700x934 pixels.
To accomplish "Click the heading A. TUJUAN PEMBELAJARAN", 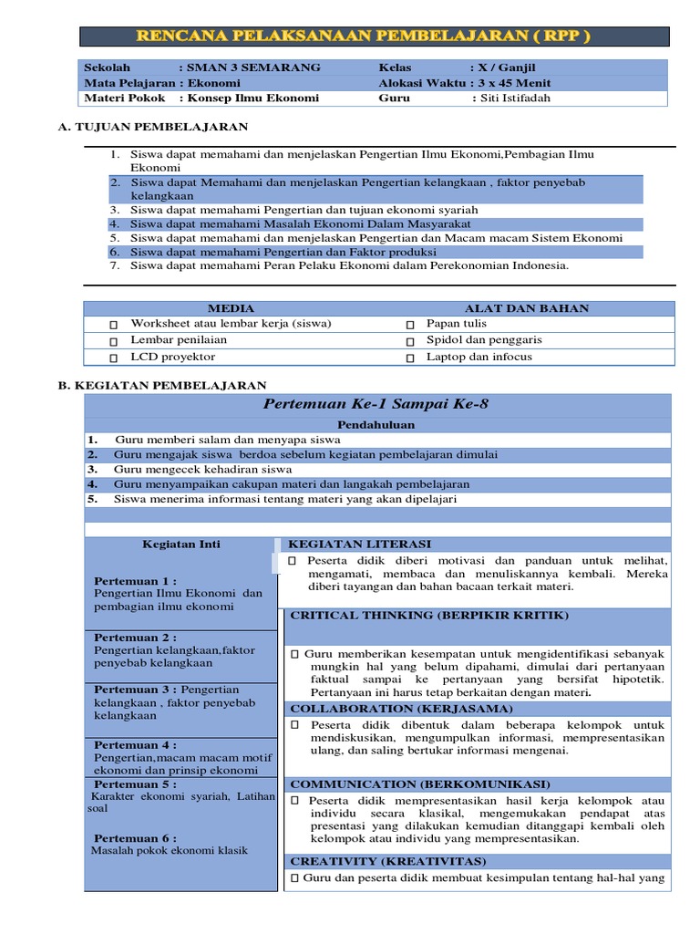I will (153, 127).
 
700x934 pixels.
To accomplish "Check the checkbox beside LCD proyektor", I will (114, 358).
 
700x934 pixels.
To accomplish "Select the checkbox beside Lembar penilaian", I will (114, 341).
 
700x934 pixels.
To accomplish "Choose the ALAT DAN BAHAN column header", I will (527, 308).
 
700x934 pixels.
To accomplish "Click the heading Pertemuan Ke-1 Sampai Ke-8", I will (376, 404).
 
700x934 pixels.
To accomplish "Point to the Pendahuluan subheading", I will (376, 425).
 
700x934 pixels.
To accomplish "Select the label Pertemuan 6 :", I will (135, 838).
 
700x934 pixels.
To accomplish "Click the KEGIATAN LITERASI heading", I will (360, 544).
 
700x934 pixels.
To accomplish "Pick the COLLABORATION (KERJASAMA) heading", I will (401, 708).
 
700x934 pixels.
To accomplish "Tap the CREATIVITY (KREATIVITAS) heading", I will (388, 860).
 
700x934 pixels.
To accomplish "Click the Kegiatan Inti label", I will (180, 545).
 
